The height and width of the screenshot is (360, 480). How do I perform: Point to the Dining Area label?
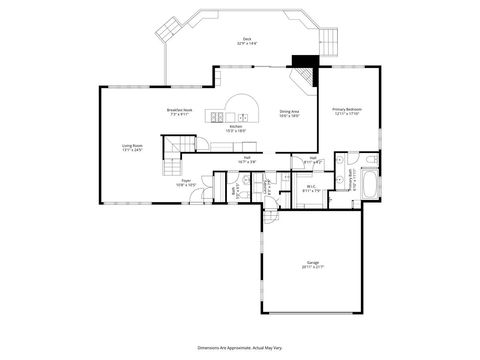coord(290,113)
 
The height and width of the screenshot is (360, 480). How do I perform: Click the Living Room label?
coord(133,149)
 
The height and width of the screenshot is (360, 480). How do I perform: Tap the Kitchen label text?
coord(236,128)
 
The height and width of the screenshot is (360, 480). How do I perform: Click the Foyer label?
coord(186,182)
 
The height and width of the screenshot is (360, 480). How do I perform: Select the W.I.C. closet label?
coord(311,187)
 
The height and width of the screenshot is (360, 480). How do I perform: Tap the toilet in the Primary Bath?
coord(369,159)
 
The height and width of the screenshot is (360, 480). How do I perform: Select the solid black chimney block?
coord(303,60)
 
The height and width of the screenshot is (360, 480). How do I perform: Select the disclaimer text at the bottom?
coord(240,342)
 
